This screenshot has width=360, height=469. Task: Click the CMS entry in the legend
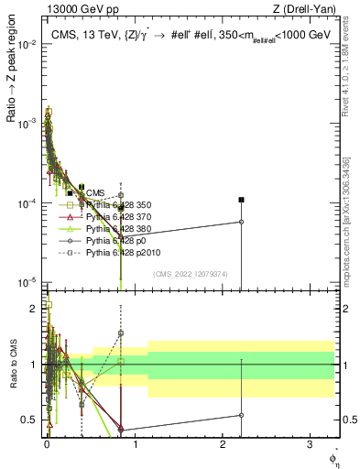(94, 192)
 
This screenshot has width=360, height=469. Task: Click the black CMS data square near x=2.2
(241, 199)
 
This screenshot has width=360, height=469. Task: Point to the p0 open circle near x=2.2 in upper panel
(241, 222)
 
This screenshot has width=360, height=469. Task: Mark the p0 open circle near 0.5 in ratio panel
(241, 414)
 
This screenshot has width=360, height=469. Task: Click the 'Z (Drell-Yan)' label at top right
(309, 10)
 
